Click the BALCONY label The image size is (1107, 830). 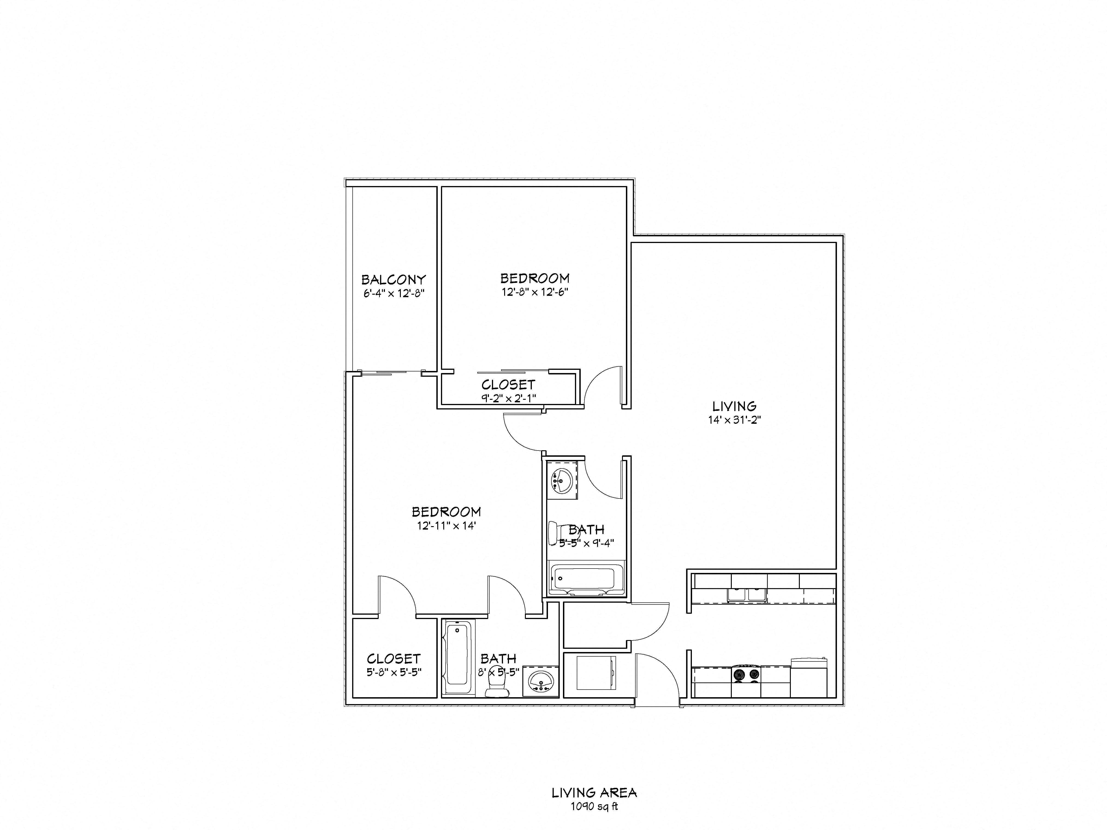pyautogui.click(x=393, y=279)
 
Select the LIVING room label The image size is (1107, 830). pyautogui.click(x=734, y=406)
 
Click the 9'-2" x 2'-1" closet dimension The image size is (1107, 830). pyautogui.click(x=509, y=398)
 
